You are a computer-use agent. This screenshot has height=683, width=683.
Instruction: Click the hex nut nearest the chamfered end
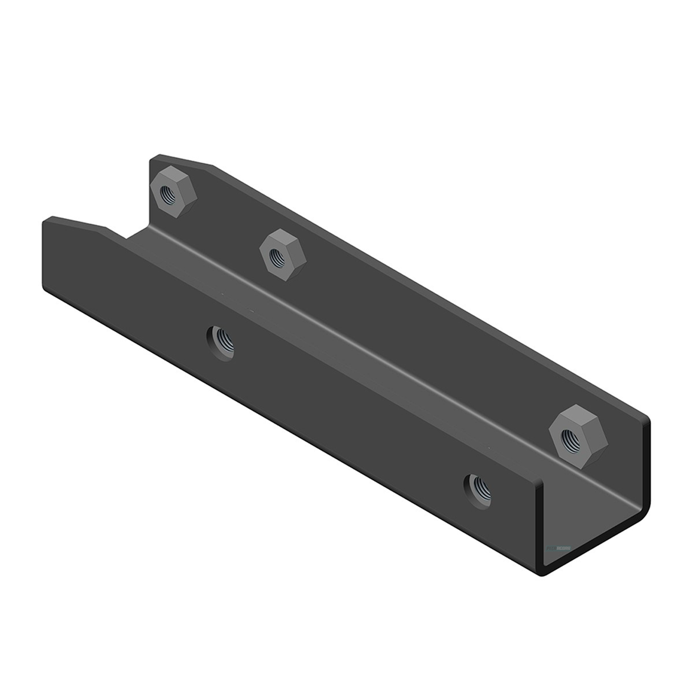tap(174, 191)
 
